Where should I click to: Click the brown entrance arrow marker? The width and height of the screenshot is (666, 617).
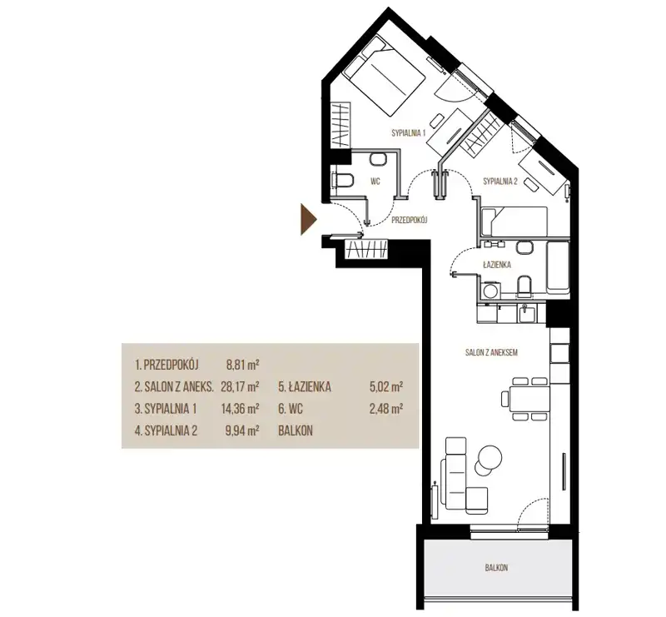click(x=308, y=219)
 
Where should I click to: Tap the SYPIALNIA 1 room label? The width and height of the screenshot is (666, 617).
click(x=409, y=133)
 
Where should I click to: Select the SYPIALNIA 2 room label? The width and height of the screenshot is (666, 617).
click(x=500, y=182)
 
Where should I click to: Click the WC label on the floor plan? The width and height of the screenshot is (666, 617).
click(x=375, y=182)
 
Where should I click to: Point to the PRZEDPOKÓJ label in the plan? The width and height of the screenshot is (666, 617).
click(x=409, y=220)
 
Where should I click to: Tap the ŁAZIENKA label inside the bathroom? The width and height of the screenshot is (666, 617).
click(x=497, y=265)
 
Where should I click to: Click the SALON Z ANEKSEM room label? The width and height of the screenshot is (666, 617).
click(x=491, y=352)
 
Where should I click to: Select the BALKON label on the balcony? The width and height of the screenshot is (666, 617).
click(x=496, y=567)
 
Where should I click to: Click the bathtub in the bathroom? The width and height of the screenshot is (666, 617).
click(x=558, y=267)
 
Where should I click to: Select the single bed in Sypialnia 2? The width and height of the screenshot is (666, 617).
click(x=514, y=221)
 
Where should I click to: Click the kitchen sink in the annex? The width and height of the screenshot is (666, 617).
click(x=526, y=313)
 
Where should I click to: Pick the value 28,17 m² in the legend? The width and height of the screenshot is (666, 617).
click(x=240, y=386)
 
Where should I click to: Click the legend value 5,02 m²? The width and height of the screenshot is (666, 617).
click(x=386, y=386)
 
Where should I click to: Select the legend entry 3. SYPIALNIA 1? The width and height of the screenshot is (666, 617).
click(x=166, y=409)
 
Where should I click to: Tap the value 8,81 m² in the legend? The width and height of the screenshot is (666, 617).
click(x=243, y=365)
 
